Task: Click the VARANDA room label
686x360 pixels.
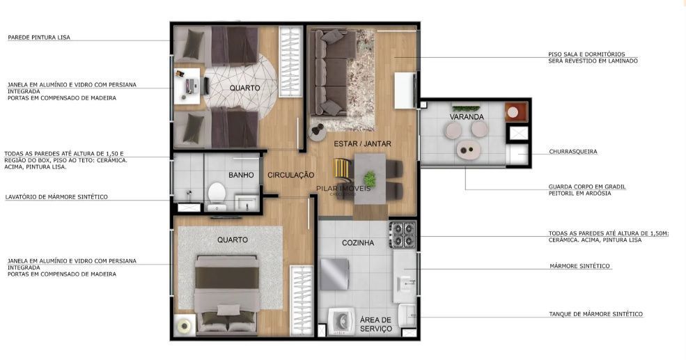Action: [x=467, y=117]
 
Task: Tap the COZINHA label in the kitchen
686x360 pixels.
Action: [x=358, y=243]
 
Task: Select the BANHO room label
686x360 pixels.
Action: [x=240, y=175]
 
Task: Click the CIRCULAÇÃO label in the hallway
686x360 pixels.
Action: [x=290, y=175]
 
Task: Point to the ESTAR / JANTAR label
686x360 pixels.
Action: [x=362, y=144]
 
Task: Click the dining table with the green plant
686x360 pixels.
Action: [x=370, y=178]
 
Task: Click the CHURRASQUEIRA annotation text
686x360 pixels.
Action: [x=572, y=151]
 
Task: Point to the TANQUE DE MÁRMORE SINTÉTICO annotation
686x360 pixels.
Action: [x=595, y=314]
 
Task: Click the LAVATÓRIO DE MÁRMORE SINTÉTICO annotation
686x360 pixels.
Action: [x=56, y=197]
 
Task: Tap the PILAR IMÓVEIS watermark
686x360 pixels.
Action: [x=343, y=189]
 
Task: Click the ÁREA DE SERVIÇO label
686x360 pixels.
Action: [x=376, y=324]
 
